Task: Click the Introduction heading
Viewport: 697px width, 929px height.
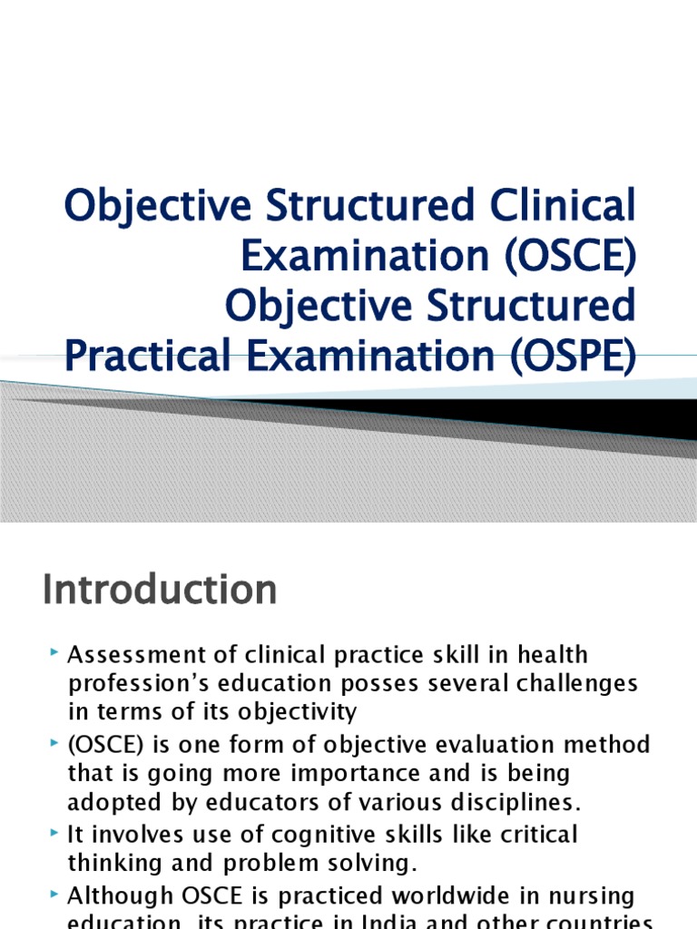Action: point(160,590)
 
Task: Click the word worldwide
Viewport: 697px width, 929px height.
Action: point(404,896)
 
